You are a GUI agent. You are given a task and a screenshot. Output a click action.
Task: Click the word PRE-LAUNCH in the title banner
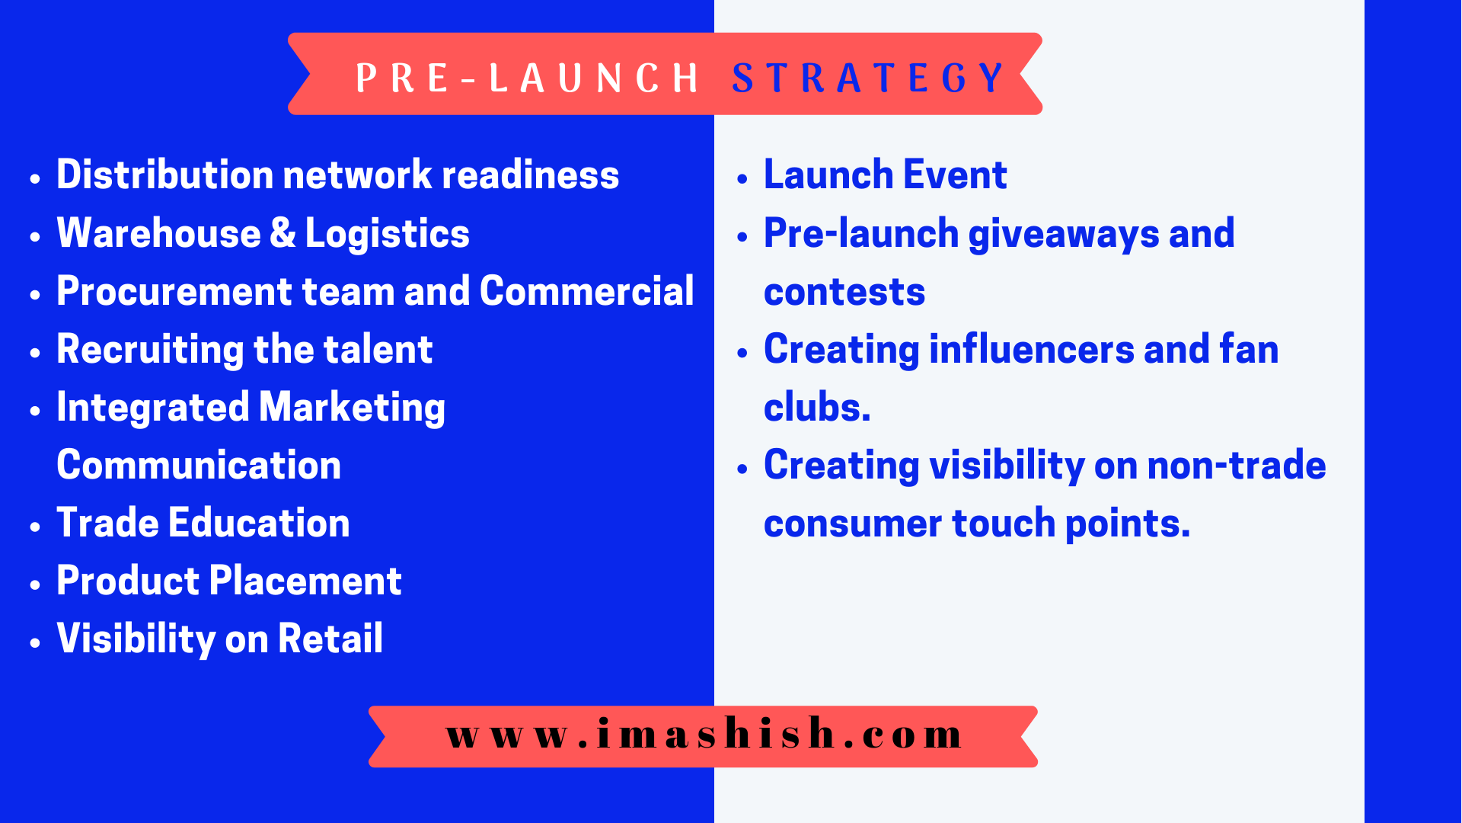click(527, 78)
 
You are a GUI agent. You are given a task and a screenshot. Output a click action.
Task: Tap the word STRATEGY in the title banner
click(868, 78)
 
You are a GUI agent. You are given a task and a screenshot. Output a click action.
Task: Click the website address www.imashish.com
click(704, 733)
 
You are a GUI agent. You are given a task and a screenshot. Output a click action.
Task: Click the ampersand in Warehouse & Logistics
click(283, 232)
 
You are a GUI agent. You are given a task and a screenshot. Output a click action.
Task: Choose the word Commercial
click(587, 291)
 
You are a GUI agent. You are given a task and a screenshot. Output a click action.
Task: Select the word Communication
click(199, 465)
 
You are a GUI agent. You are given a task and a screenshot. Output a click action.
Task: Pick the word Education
click(260, 523)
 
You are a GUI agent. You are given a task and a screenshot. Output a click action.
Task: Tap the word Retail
click(330, 639)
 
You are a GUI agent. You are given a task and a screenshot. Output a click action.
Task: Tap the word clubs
click(817, 407)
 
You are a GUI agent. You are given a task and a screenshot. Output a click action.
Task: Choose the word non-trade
click(1237, 465)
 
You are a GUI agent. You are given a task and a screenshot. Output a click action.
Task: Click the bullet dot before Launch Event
click(743, 179)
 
